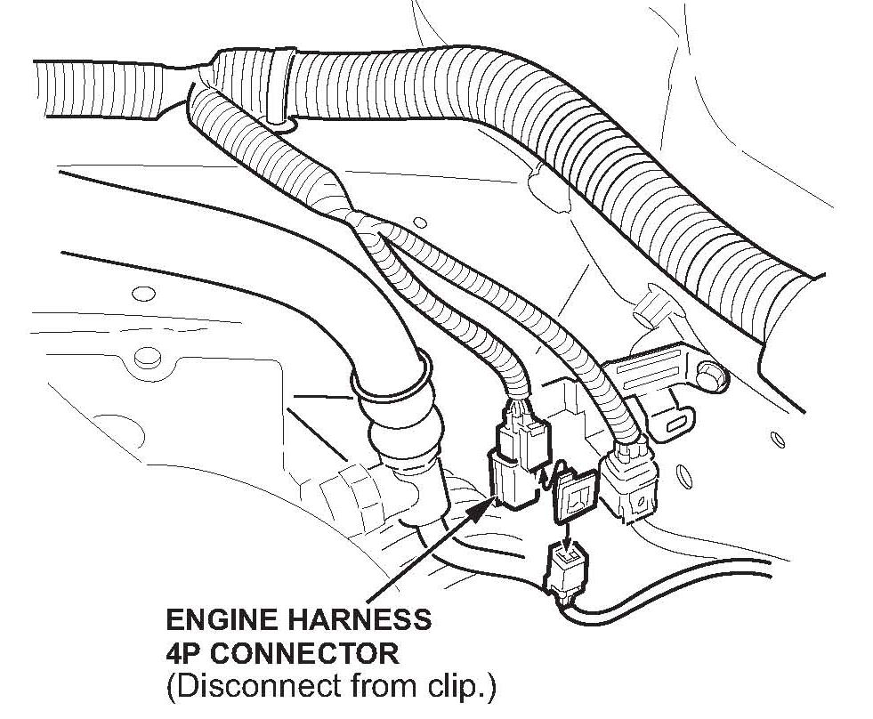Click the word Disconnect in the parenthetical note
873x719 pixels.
237,688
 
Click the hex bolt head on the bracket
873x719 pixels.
709,375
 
